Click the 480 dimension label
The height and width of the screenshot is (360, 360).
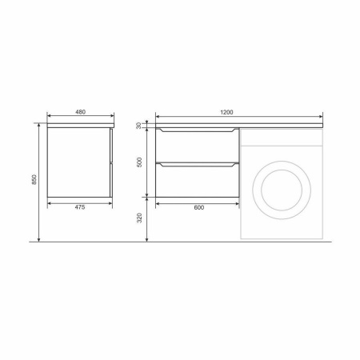pos(80,112)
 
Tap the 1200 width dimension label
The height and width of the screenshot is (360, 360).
pos(226,112)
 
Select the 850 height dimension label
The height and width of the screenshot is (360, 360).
pos(34,180)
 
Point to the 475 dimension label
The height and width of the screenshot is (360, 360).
pos(80,207)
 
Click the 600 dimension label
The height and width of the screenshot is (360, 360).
pos(199,207)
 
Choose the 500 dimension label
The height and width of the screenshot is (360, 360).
pos(139,162)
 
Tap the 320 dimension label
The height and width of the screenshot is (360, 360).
pos(139,218)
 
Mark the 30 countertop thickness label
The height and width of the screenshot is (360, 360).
pos(138,126)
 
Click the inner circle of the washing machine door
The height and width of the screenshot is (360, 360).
pos(282,170)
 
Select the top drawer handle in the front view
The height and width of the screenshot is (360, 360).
pos(198,130)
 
